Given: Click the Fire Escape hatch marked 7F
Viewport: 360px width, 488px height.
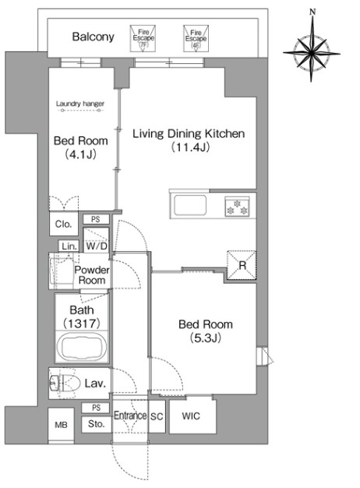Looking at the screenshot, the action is pos(143,38).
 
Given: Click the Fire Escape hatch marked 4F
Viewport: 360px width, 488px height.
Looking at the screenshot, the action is pos(196,38).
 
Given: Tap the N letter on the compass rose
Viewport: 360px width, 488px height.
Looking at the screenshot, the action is pos(312,12).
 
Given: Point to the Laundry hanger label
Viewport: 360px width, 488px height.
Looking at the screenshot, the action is pos(80,104).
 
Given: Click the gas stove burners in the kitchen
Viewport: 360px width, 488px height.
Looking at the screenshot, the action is pos(237,207).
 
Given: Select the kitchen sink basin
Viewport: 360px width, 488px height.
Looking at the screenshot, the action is pos(190,205).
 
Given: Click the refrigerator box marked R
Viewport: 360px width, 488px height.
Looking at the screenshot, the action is pos(242,265).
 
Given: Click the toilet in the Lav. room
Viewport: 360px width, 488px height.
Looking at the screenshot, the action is pos(63,383).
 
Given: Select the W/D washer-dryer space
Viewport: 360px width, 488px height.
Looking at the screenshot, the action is pos(96,239).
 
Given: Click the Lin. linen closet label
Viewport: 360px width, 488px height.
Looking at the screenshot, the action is pos(69,246).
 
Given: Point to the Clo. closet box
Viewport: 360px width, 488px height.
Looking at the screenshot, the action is pos(63,224).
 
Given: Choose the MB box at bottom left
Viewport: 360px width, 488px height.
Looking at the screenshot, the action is pos(61,425).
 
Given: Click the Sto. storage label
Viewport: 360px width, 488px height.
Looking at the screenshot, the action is pos(96,424).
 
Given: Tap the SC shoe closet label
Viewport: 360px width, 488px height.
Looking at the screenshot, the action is pos(157,416).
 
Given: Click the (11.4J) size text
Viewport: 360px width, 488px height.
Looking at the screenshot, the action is pos(190,147).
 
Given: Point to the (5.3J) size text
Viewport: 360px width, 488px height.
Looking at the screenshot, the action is pos(206,338).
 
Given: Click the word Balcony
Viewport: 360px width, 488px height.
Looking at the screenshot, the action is pos(93,37).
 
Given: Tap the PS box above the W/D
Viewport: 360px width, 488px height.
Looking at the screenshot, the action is pos(96,219).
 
